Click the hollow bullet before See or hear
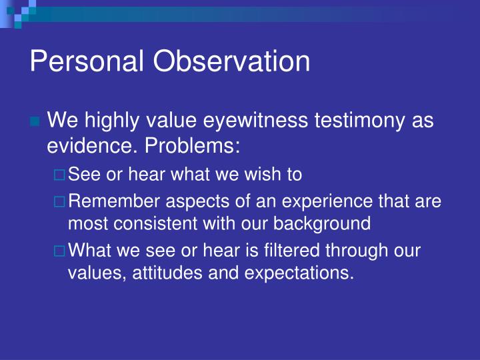click(61, 175)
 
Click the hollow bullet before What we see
click(61, 252)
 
